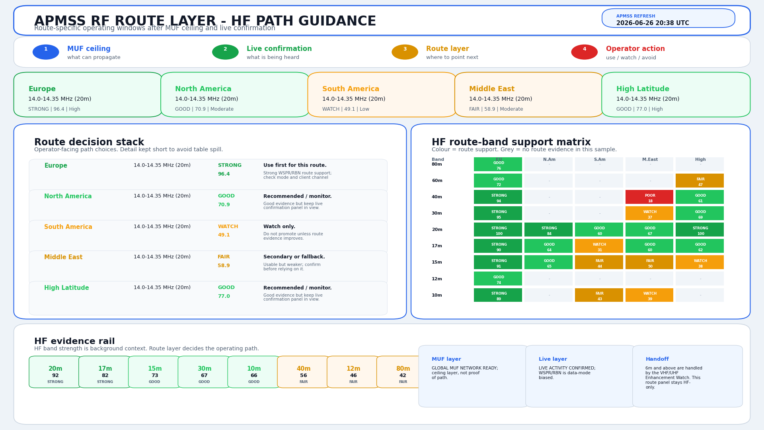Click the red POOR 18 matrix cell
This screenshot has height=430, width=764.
tap(649, 197)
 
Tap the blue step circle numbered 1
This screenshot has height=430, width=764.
tap(46, 52)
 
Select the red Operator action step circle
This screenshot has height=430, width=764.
tap(584, 52)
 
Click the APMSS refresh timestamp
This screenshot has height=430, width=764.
tap(653, 23)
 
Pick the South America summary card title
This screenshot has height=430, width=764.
tap(351, 89)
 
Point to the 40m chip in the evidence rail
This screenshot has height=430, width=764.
tap(304, 372)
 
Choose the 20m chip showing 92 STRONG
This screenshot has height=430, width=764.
tap(55, 372)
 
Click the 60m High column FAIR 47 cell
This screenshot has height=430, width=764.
tap(700, 181)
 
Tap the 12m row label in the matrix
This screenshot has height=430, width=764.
tap(437, 279)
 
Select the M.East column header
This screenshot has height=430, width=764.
tap(650, 160)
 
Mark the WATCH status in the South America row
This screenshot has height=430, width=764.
tap(228, 227)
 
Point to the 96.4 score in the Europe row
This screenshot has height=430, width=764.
tap(224, 174)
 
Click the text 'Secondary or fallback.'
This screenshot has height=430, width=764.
tap(294, 257)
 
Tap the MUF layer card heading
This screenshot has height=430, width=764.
tap(446, 359)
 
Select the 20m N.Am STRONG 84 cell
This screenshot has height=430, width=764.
tap(548, 230)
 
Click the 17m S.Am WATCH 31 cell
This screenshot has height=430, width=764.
tap(599, 246)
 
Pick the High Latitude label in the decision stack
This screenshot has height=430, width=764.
tap(66, 288)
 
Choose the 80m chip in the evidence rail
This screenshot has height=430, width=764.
tap(403, 372)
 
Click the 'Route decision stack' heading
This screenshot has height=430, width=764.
tap(89, 142)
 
